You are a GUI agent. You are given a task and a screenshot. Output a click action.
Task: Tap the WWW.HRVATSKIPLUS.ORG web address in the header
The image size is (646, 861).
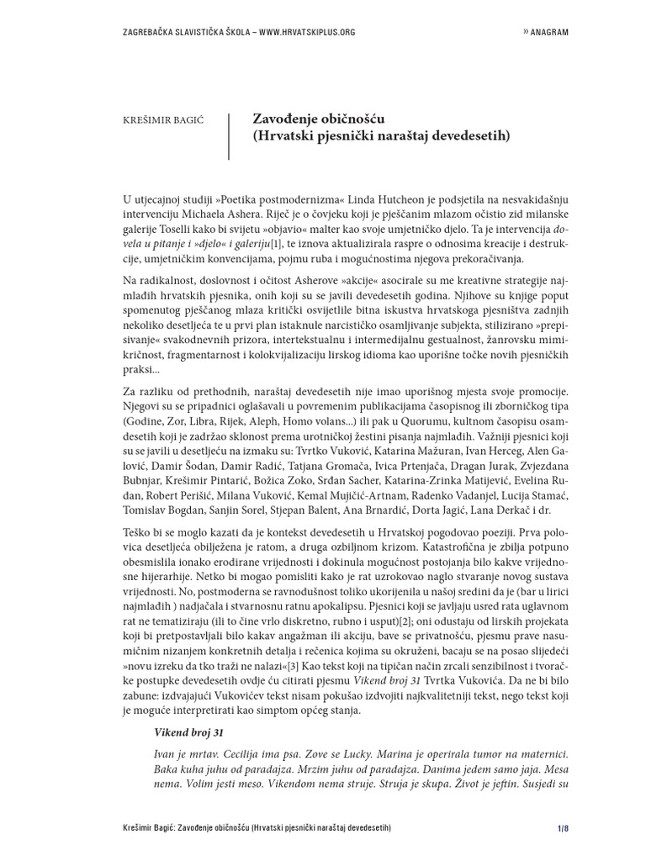tap(306, 32)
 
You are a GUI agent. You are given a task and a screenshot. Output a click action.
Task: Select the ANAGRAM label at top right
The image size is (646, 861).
tap(548, 32)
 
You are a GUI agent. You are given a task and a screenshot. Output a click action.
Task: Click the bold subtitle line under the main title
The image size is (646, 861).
tap(380, 135)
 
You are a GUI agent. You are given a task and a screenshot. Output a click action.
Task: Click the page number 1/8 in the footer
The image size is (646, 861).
tap(563, 829)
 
